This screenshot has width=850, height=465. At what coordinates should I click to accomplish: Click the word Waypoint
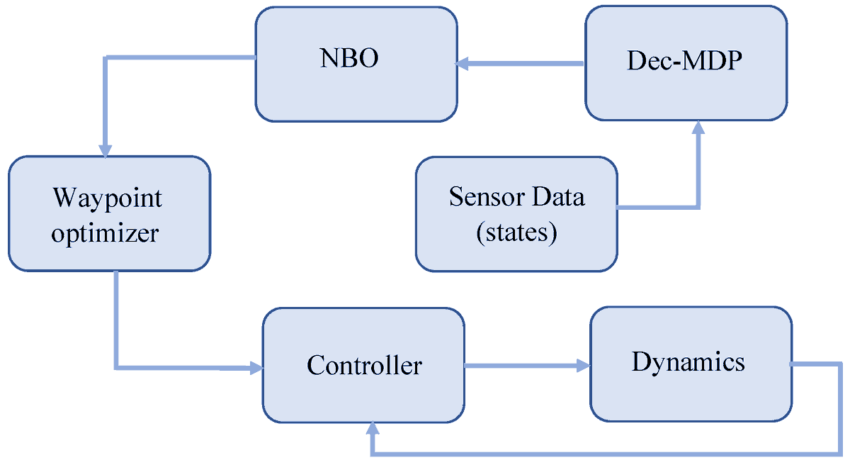pyautogui.click(x=107, y=198)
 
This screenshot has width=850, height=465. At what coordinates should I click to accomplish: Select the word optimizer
pyautogui.click(x=104, y=234)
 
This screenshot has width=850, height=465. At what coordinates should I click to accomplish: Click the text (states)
pyautogui.click(x=516, y=232)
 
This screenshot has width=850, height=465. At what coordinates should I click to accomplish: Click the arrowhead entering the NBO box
pyautogui.click(x=463, y=65)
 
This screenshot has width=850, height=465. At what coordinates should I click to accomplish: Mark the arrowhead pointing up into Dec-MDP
pyautogui.click(x=698, y=128)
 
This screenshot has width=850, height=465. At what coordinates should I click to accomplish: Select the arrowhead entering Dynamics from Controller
pyautogui.click(x=582, y=366)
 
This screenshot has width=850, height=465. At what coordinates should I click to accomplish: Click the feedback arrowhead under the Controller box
pyautogui.click(x=372, y=430)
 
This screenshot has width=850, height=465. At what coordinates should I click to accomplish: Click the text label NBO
pyautogui.click(x=349, y=58)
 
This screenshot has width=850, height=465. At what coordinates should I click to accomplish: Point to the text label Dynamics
pyautogui.click(x=688, y=362)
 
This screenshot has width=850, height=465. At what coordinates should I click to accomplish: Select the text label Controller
pyautogui.click(x=364, y=366)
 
